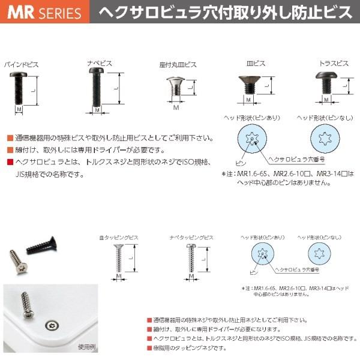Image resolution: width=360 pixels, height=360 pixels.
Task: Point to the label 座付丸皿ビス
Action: coord(175,64)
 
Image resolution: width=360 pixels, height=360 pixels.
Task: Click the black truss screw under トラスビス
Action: coord(325,83)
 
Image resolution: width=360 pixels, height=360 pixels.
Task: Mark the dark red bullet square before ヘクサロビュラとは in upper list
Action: coord(9,163)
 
